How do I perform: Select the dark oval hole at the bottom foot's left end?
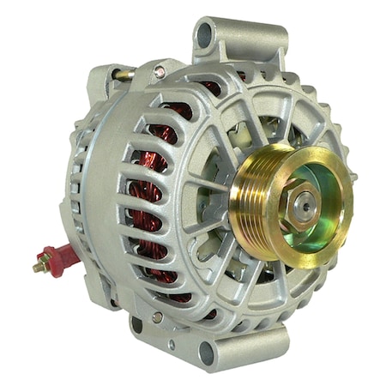(x=136, y=325)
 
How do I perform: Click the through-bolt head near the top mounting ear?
(x=160, y=73)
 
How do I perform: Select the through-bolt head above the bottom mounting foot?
(x=157, y=317)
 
